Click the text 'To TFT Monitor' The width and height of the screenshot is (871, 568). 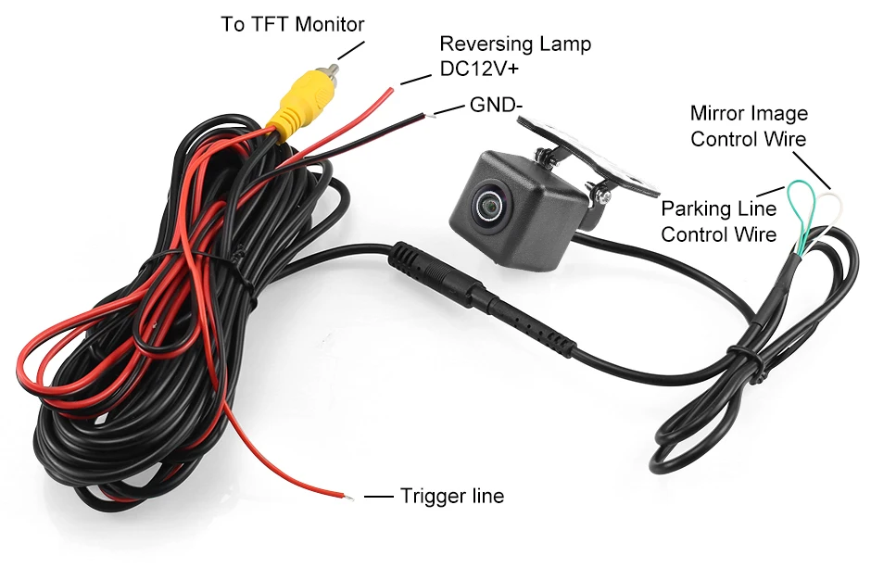tap(292, 24)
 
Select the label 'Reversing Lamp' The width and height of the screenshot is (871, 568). tap(514, 44)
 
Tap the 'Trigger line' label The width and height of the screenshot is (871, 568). tap(452, 496)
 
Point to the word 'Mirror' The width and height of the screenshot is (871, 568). tap(718, 114)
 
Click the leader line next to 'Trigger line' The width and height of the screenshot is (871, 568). tap(379, 497)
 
